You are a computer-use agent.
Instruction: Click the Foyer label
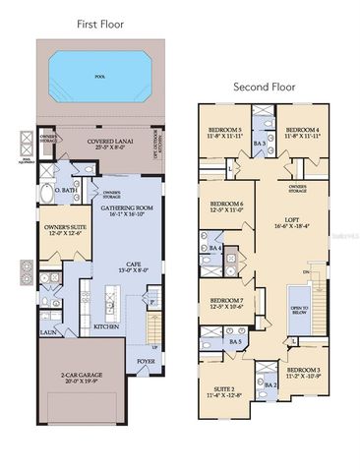pos(146,361)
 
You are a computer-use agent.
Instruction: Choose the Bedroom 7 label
pos(225,301)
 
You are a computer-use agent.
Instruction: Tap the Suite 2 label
pos(224,390)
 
